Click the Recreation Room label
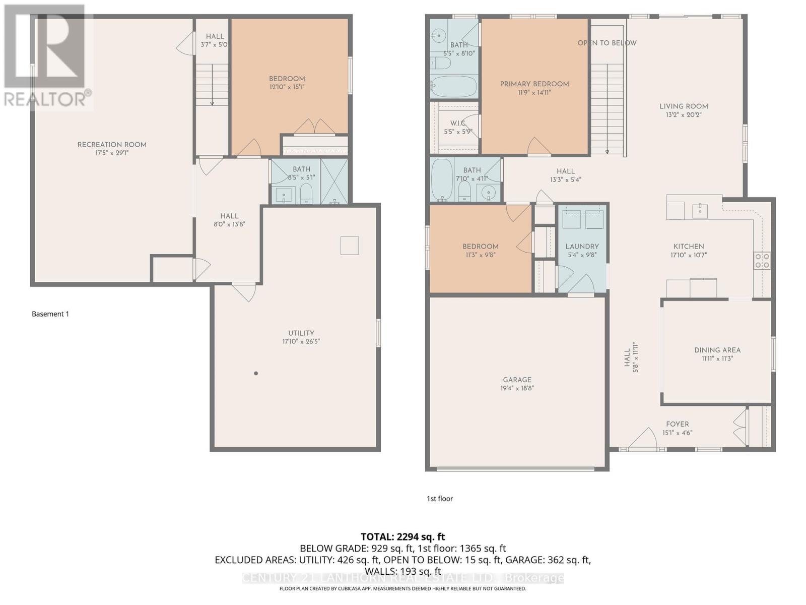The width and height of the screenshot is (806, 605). click(112, 145)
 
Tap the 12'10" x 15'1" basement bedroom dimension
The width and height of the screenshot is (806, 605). click(287, 87)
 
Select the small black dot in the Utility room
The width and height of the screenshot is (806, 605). click(256, 374)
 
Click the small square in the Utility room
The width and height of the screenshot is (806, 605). click(350, 246)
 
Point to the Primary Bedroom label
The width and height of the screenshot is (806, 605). click(534, 84)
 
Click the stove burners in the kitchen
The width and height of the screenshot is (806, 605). click(762, 261)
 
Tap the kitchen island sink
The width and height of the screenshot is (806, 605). click(700, 210)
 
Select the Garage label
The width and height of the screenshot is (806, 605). click(517, 380)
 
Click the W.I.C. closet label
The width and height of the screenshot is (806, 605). click(457, 124)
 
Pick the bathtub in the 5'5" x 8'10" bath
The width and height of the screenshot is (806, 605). click(453, 87)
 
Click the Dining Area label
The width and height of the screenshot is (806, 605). click(717, 350)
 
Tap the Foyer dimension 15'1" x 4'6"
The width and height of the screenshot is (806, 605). click(677, 433)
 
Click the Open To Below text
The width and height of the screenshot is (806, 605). click(607, 43)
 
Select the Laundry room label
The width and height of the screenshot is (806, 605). click(582, 247)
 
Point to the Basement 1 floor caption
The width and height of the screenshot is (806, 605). click(50, 314)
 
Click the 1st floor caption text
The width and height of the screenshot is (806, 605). click(440, 499)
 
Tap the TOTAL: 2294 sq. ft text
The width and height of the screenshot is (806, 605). click(402, 537)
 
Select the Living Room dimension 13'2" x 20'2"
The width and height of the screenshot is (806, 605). click(684, 114)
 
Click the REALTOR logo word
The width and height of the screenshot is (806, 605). click(45, 99)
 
